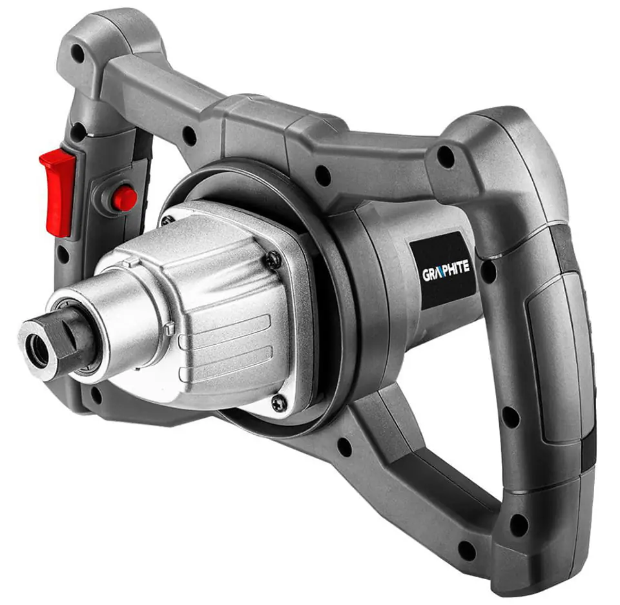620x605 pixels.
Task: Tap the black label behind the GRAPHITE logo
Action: (x=443, y=270)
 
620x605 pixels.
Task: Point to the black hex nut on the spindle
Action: (x=75, y=338)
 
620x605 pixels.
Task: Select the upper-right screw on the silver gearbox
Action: (x=273, y=260)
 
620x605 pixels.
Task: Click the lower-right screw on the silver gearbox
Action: (x=279, y=402)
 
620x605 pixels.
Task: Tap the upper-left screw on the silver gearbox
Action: (x=167, y=220)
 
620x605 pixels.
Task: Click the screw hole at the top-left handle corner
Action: (x=78, y=52)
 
